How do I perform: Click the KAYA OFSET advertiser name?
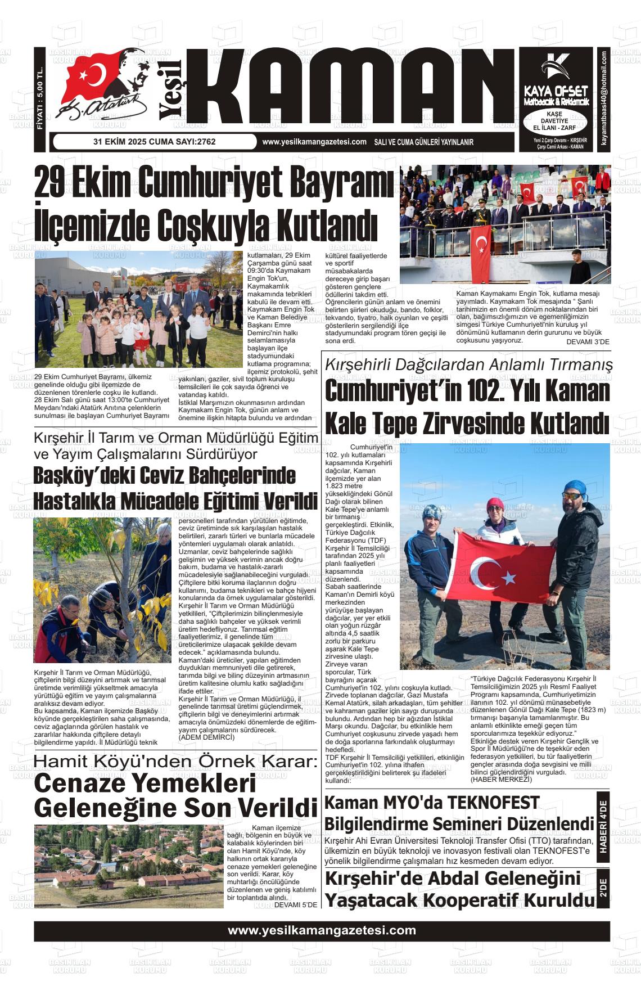pos(555,91)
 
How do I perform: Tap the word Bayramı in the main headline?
pos(337,184)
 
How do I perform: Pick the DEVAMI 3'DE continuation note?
pos(588,341)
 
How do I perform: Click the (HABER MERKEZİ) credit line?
pos(500,779)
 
